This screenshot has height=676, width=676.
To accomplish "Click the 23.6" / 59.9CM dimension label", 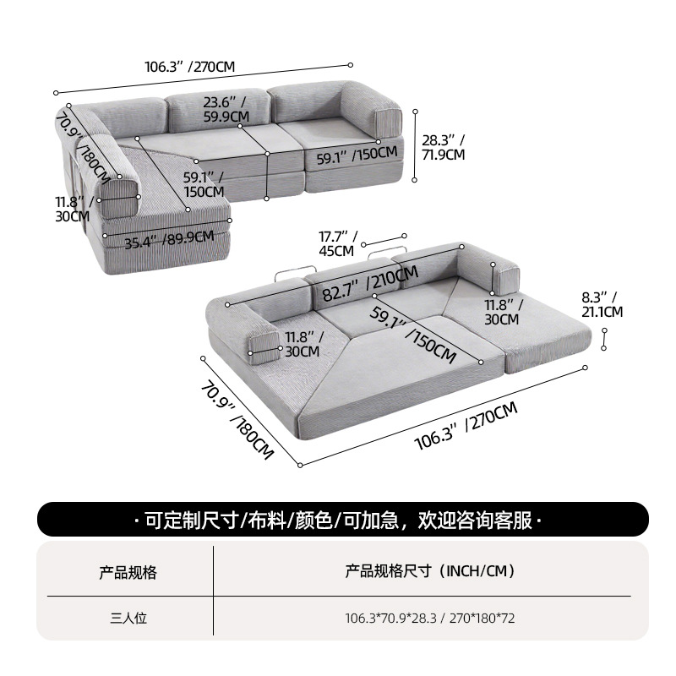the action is point(226,110).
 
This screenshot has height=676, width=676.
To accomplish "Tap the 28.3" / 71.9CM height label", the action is point(443,147).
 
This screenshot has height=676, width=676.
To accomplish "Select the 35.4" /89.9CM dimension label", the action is point(169,240).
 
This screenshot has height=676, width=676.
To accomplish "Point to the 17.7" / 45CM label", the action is point(338,243).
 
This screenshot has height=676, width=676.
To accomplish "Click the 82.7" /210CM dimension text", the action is point(370,283).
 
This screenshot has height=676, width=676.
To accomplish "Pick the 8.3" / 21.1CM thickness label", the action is point(602,304).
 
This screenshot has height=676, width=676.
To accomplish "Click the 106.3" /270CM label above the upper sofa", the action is point(189,67).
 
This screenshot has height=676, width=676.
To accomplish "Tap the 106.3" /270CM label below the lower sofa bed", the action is point(466,426).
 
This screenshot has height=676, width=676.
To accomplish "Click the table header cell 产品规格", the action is point(128,572).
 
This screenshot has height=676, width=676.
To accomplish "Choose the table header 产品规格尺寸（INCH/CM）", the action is point(430,571).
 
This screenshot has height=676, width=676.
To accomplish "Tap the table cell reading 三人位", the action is point(128,619).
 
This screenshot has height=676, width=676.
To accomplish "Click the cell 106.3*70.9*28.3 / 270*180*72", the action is point(430,619).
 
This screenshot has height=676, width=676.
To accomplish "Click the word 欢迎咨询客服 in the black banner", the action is point(475,520).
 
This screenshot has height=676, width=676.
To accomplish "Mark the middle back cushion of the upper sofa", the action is point(219,112).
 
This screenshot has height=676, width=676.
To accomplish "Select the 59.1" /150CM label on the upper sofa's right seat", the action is point(357,155).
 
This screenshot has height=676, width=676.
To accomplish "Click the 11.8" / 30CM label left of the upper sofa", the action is point(73,209).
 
